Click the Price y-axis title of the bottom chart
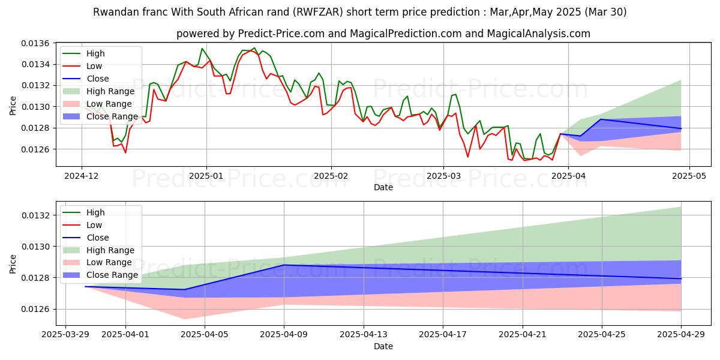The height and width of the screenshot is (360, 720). pyautogui.click(x=13, y=263)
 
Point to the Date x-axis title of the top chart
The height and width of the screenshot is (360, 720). pyautogui.click(x=383, y=187)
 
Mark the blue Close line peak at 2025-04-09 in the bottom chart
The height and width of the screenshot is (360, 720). pyautogui.click(x=284, y=265)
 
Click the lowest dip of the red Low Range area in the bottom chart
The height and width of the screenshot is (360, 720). pyautogui.click(x=184, y=319)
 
